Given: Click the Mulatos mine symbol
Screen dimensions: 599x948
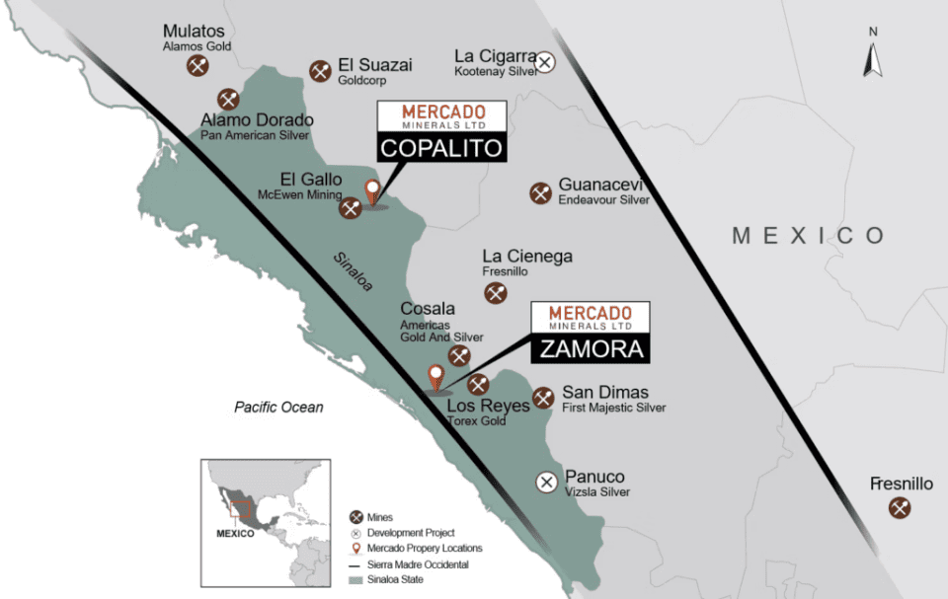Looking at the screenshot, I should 197,65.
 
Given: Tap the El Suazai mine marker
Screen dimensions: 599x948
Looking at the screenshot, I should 320,70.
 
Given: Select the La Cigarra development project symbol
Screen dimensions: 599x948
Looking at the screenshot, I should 545,63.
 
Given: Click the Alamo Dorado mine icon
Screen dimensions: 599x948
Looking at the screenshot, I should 229,99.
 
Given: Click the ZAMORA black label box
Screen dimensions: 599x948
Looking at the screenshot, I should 591,348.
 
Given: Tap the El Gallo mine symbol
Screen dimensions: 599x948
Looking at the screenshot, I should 351,207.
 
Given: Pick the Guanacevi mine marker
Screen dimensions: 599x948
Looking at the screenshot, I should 540,193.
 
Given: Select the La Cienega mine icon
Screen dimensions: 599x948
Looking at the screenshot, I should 496,292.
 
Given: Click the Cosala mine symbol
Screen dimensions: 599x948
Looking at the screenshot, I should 459,356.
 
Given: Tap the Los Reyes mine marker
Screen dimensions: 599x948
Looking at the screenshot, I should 479,384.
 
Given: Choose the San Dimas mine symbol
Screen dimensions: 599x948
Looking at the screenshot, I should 543,398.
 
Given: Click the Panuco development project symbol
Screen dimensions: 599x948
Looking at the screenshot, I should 546,482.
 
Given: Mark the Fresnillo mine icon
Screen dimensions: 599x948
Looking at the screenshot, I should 899,508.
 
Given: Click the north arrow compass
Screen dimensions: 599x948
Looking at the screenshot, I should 873,55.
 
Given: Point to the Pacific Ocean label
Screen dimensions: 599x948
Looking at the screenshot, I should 278,407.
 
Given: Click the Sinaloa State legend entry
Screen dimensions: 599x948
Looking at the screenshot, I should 388,579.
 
